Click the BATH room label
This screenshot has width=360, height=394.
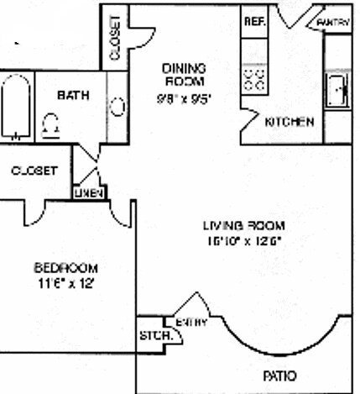73,95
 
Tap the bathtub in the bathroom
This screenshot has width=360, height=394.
16,106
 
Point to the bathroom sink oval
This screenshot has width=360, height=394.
118,108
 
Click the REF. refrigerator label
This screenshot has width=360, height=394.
254,21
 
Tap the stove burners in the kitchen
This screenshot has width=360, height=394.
254,80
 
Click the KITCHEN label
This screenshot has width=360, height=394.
290,122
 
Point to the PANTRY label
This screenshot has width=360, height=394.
333,22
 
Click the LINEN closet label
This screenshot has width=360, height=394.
89,193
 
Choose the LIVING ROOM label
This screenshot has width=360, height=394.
244,225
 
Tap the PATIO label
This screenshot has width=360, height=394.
279,375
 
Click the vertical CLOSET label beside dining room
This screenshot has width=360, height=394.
114,38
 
